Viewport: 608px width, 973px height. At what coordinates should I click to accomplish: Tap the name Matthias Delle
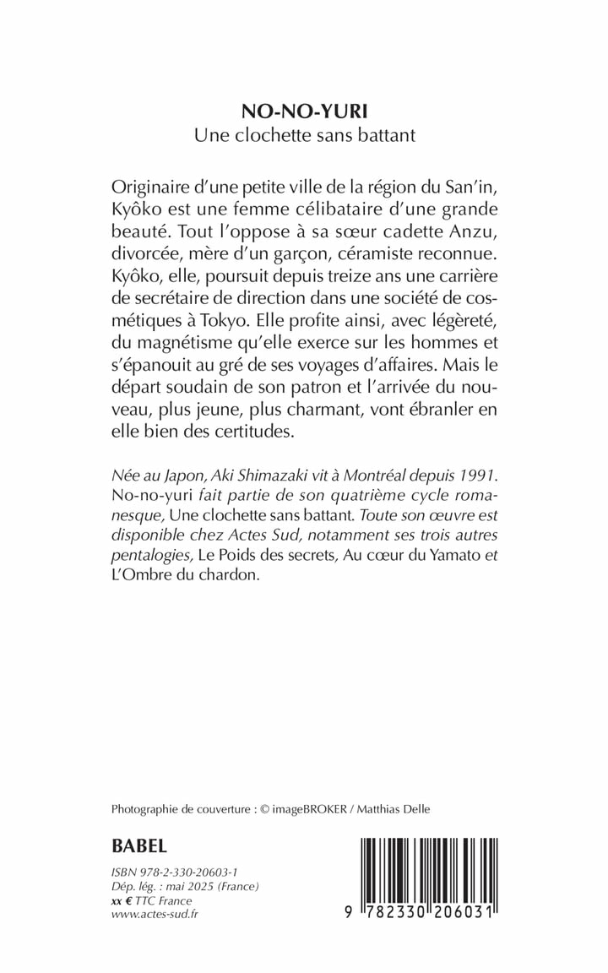(x=395, y=809)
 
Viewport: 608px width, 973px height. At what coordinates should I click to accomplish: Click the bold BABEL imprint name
(x=139, y=845)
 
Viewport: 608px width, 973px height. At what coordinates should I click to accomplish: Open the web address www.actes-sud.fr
(x=153, y=914)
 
